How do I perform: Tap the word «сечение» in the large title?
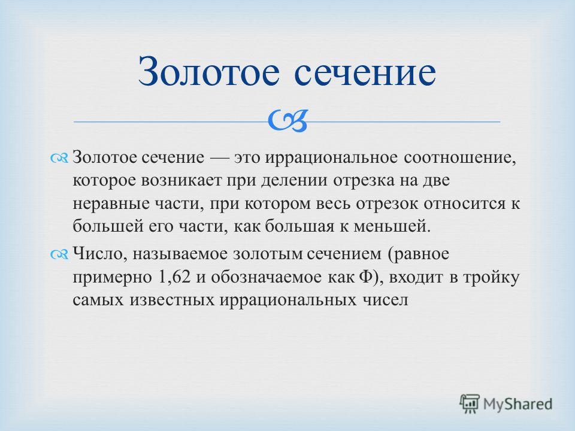pos(365,72)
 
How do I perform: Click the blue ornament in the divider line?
pos(287,120)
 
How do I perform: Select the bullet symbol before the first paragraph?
pos(59,158)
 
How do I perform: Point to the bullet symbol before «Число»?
pos(59,254)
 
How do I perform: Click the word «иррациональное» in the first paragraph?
pos(331,158)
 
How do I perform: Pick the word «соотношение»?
pos(460,158)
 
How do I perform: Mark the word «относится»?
pos(464,204)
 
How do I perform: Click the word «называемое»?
pos(180,254)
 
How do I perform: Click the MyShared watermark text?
pos(517,404)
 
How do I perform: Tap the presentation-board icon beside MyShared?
pos(470,403)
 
